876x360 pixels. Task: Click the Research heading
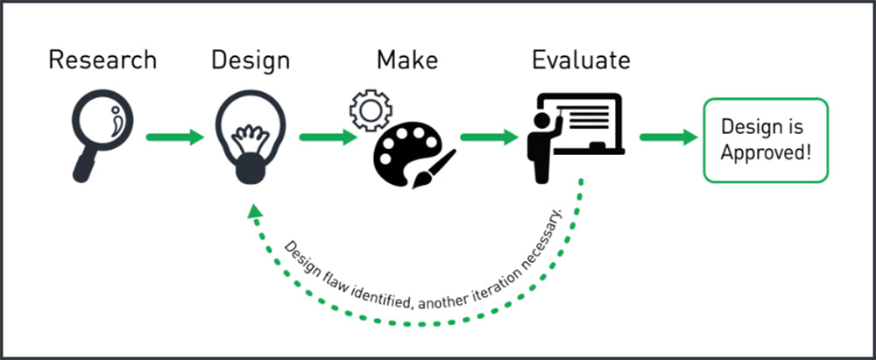102,60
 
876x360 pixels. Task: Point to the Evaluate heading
580,60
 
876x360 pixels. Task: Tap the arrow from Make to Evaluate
490,138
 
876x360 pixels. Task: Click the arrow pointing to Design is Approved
668,138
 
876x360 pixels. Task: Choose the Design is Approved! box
766,139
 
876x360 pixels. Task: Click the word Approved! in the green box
766,152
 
